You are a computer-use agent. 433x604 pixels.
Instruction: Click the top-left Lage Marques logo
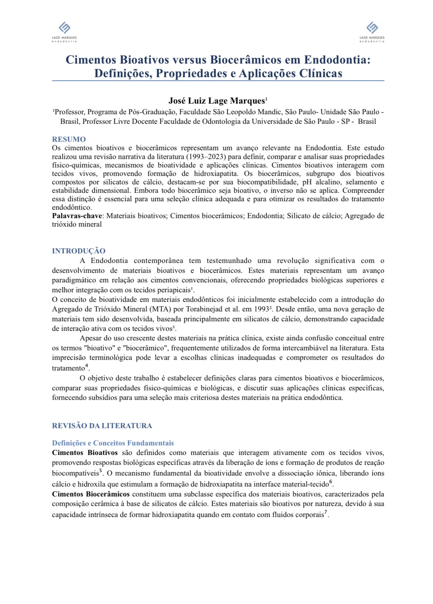pos(64,31)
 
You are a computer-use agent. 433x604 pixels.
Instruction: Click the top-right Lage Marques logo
pos(372,31)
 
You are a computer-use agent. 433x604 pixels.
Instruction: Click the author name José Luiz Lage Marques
pos(217,101)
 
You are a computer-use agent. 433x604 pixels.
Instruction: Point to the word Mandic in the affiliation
pos(271,112)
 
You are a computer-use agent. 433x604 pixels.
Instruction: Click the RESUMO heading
pos(69,139)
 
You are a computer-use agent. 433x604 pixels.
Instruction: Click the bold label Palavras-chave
pos(76,216)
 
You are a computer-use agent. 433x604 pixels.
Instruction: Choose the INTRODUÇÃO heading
pos(79,251)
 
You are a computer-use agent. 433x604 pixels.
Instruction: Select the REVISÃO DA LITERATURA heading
pos(102,426)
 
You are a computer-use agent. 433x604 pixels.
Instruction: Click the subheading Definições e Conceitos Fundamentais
pos(113,443)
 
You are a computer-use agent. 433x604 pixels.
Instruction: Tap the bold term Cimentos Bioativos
pos(84,453)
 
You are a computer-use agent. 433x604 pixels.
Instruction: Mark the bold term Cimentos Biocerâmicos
pos(91,494)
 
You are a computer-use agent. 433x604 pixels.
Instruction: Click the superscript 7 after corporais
pos(325,513)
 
